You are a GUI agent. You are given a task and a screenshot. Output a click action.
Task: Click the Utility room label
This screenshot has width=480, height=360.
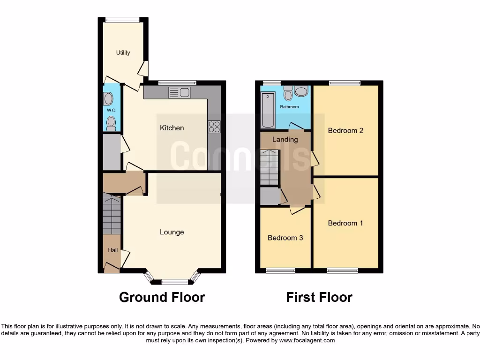[123, 53]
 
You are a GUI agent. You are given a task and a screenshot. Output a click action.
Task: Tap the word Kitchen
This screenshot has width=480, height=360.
[172, 128]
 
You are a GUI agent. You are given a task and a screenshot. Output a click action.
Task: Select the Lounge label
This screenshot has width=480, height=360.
[172, 232]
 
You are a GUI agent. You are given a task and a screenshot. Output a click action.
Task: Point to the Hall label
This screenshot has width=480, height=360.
[113, 250]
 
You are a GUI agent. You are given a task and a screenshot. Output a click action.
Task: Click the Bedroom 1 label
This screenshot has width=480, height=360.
[345, 223]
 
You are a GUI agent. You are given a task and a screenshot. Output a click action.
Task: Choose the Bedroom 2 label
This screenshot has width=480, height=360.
[345, 131]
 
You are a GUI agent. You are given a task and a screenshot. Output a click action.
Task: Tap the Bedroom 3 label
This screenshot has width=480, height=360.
[285, 238]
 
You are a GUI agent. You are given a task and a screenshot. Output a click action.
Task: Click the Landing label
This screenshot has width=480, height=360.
[285, 139]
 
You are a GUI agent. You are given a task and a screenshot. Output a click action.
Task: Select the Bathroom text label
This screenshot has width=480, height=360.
[289, 107]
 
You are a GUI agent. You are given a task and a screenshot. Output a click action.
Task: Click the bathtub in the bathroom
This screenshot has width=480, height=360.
[268, 110]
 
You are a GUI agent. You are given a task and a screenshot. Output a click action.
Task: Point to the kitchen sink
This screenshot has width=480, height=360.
[179, 92]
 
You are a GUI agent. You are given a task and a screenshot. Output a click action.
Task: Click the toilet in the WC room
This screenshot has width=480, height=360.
[111, 123]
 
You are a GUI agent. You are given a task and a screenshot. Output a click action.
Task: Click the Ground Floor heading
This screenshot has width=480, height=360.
[162, 297]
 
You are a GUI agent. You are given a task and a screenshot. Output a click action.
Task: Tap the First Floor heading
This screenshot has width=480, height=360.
[319, 297]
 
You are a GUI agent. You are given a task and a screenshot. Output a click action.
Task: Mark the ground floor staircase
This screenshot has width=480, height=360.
[112, 214]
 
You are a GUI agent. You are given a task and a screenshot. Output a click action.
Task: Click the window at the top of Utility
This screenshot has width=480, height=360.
[122, 20]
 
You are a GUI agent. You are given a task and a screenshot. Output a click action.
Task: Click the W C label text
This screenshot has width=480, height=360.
[111, 110]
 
